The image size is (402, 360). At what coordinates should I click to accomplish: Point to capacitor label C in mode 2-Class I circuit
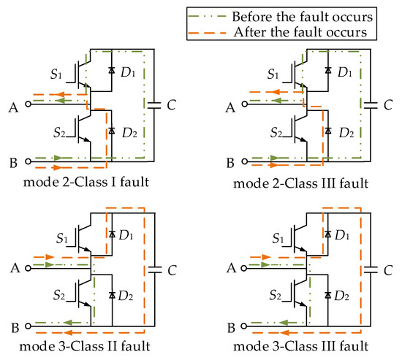[x=170, y=104]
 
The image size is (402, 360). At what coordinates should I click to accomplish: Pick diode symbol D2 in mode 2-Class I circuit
[x=111, y=131]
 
